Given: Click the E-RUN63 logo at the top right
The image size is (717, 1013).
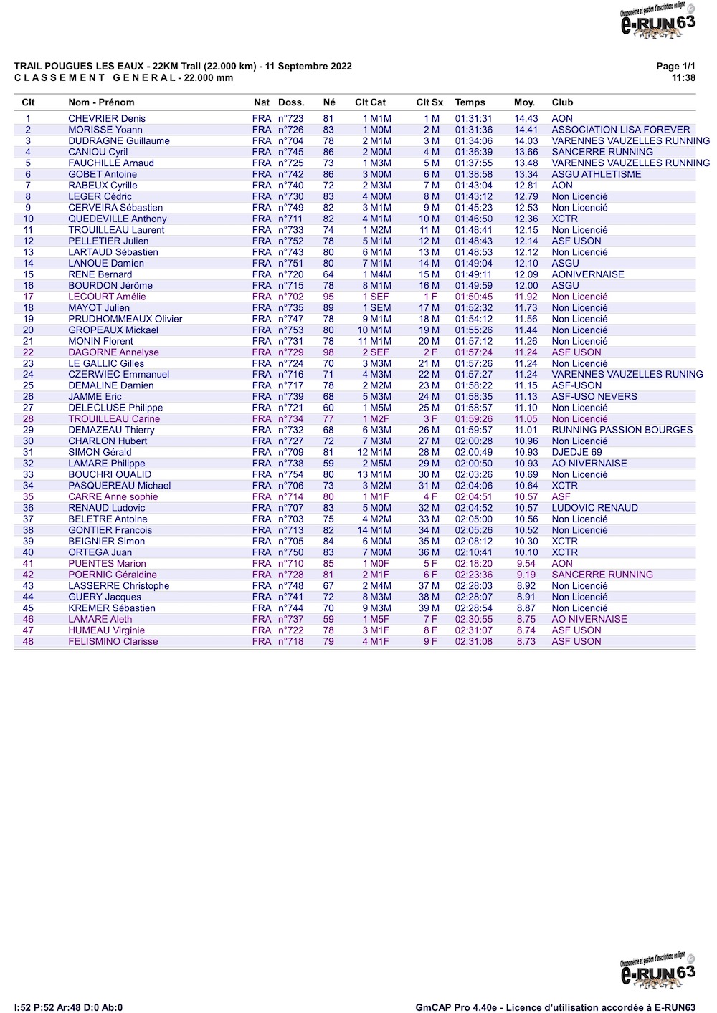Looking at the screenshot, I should pyautogui.click(x=657, y=21).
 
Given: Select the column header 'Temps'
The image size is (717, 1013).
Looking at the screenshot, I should pyautogui.click(x=470, y=102).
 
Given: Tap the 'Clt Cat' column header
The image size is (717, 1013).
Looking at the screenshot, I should pyautogui.click(x=370, y=102).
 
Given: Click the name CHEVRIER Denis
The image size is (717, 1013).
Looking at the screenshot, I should pyautogui.click(x=107, y=119).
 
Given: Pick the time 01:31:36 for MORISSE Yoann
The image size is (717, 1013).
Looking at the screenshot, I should pyautogui.click(x=473, y=130).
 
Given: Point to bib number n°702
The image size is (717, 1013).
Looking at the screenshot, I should pyautogui.click(x=290, y=297).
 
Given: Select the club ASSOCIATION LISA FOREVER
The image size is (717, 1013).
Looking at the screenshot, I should pyautogui.click(x=620, y=130).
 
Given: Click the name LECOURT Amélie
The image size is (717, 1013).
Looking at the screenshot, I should pyautogui.click(x=107, y=297).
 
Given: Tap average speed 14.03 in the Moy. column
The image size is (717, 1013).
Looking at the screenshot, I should pyautogui.click(x=526, y=141).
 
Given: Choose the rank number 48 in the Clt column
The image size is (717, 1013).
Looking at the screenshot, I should pyautogui.click(x=28, y=642).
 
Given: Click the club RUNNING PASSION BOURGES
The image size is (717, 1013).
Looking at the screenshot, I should pyautogui.click(x=622, y=430).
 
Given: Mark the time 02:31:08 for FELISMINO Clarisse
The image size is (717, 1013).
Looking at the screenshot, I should pyautogui.click(x=473, y=642).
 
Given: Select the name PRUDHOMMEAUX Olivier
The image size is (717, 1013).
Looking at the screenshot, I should pyautogui.click(x=125, y=319).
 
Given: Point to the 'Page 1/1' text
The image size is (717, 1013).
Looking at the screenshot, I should pyautogui.click(x=675, y=66).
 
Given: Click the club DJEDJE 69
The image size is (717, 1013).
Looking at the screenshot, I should pyautogui.click(x=576, y=452).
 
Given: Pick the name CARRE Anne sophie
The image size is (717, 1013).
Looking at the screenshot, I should pyautogui.click(x=113, y=496).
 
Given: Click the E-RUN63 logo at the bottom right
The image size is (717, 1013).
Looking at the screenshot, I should pyautogui.click(x=657, y=971).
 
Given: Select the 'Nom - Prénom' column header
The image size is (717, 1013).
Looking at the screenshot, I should pyautogui.click(x=101, y=102).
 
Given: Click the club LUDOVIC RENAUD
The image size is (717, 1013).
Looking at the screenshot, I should pyautogui.click(x=594, y=508).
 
